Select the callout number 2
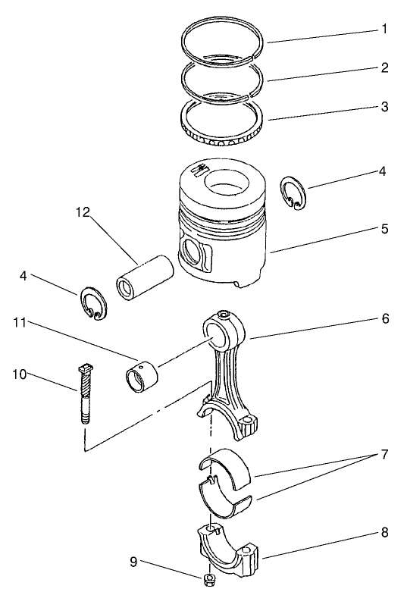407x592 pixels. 384,68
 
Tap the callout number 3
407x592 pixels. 384,107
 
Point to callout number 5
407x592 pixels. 384,228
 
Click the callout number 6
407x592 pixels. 384,319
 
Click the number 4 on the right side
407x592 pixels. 383,172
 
